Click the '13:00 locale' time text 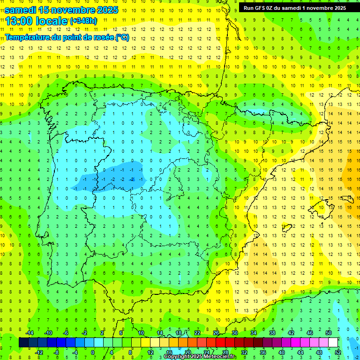tap(37, 21)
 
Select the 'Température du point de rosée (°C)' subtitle tap(67, 37)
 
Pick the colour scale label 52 tap(337, 352)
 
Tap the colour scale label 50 tap(329, 333)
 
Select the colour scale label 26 tap(216, 333)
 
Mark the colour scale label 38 tap(272, 333)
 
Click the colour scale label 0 tap(93, 352)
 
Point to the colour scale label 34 tap(254, 333)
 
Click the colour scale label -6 tap(66, 333)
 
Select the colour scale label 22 tap(197, 333)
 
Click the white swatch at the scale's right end tap(333, 343)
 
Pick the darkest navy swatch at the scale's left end tap(23, 343)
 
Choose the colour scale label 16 tap(169, 352)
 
